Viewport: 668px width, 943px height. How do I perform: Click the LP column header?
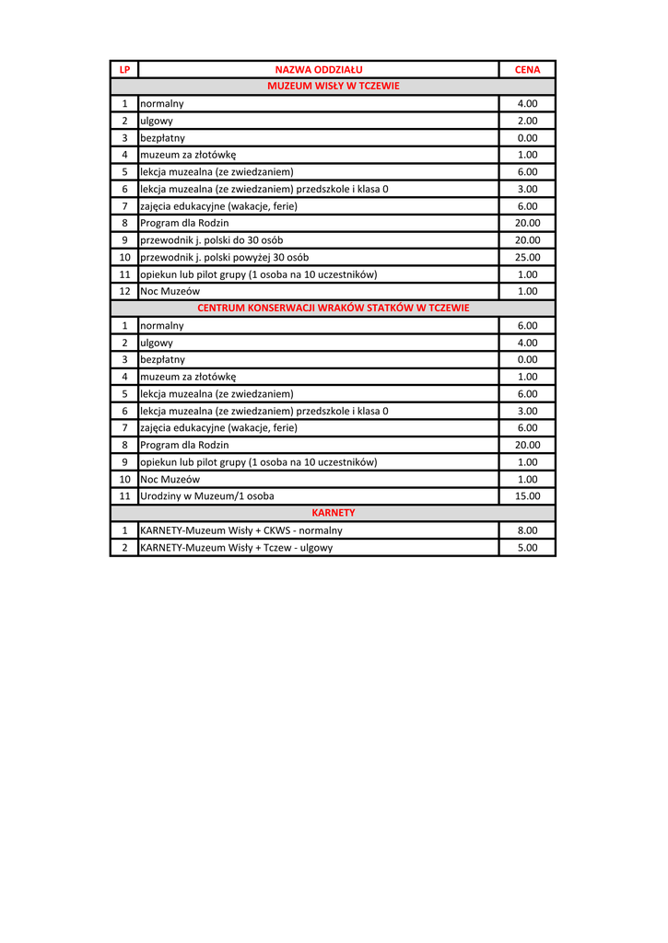(x=124, y=69)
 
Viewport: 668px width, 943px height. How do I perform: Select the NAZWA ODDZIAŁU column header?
(x=319, y=69)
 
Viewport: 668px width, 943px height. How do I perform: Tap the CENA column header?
(x=527, y=69)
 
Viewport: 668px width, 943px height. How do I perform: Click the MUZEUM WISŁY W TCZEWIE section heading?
(x=333, y=86)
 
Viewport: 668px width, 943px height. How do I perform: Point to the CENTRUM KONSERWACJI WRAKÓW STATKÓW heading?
(x=333, y=308)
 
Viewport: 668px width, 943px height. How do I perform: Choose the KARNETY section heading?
(x=333, y=513)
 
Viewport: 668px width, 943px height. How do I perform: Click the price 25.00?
(x=527, y=257)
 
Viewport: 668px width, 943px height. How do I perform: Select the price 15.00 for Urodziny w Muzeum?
(x=527, y=496)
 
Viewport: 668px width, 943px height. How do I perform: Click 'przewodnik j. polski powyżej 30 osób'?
(x=224, y=257)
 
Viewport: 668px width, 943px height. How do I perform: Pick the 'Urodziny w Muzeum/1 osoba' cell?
(x=206, y=496)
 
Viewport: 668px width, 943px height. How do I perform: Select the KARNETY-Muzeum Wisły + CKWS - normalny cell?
(x=240, y=530)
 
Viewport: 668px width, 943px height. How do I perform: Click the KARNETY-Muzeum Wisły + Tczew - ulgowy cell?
(x=236, y=548)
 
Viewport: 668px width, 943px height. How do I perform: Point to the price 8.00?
(x=527, y=530)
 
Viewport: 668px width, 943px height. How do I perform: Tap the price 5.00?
(x=527, y=548)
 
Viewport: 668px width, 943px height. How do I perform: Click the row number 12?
(x=124, y=291)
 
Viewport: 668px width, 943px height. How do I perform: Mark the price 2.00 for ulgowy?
(x=527, y=121)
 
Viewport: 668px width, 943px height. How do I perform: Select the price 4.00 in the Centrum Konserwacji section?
(x=527, y=343)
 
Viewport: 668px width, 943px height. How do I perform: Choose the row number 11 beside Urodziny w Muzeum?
(x=124, y=496)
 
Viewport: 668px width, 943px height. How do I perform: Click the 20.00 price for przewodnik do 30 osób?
(x=527, y=240)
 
